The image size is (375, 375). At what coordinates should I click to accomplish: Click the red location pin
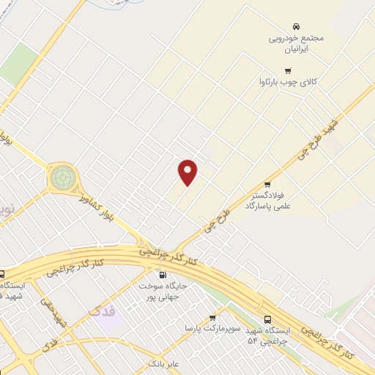pos(188,172)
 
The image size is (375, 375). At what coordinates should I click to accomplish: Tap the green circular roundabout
pos(63,177)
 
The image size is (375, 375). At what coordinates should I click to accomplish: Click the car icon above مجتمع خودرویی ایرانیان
pos(296,26)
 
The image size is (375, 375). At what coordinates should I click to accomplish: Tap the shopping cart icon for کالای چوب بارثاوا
pos(288,71)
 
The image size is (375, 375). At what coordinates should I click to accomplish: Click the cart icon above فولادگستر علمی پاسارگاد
pos(267,185)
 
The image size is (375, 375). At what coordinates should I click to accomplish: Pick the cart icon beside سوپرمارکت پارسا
pos(212,318)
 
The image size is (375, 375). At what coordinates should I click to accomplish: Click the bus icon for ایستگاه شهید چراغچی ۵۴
pos(267,319)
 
